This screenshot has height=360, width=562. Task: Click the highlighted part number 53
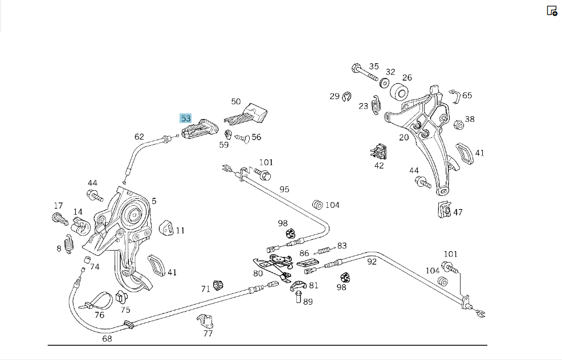pos(186,118)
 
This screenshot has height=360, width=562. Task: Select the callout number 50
pos(236,101)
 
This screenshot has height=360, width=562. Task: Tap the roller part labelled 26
pos(399,92)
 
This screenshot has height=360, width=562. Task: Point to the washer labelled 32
pos(384,83)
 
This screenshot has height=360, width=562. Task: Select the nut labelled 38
pos(458,125)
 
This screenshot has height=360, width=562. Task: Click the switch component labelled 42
pos(379,152)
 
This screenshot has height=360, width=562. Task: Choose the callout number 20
pos(404,137)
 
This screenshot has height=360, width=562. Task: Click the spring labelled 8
pos(69,244)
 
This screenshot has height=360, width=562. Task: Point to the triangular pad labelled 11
pos(166,228)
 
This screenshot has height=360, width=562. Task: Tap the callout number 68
pos(107,338)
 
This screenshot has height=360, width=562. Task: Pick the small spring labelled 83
pos(325,249)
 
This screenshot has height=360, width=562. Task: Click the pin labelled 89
pos(299,297)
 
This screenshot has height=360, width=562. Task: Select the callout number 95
pos(284,189)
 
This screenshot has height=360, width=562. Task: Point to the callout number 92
pos(372,261)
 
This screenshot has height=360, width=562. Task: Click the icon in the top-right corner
pos(552,11)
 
